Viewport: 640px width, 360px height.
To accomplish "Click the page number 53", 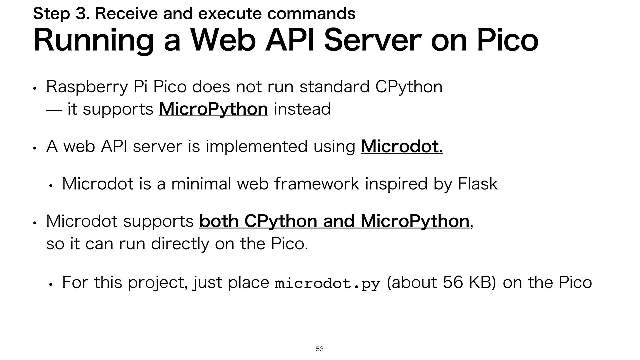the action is [320, 349].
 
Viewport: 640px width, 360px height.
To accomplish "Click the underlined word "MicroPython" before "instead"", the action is [213, 109].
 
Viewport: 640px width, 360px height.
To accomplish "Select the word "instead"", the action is [302, 109].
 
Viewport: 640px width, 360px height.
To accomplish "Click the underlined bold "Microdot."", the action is [402, 147].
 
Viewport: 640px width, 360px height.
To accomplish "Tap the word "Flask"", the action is [478, 184].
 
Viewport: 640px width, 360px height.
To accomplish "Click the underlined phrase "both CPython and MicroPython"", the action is [334, 221].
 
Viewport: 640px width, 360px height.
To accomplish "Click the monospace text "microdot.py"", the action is [327, 284].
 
